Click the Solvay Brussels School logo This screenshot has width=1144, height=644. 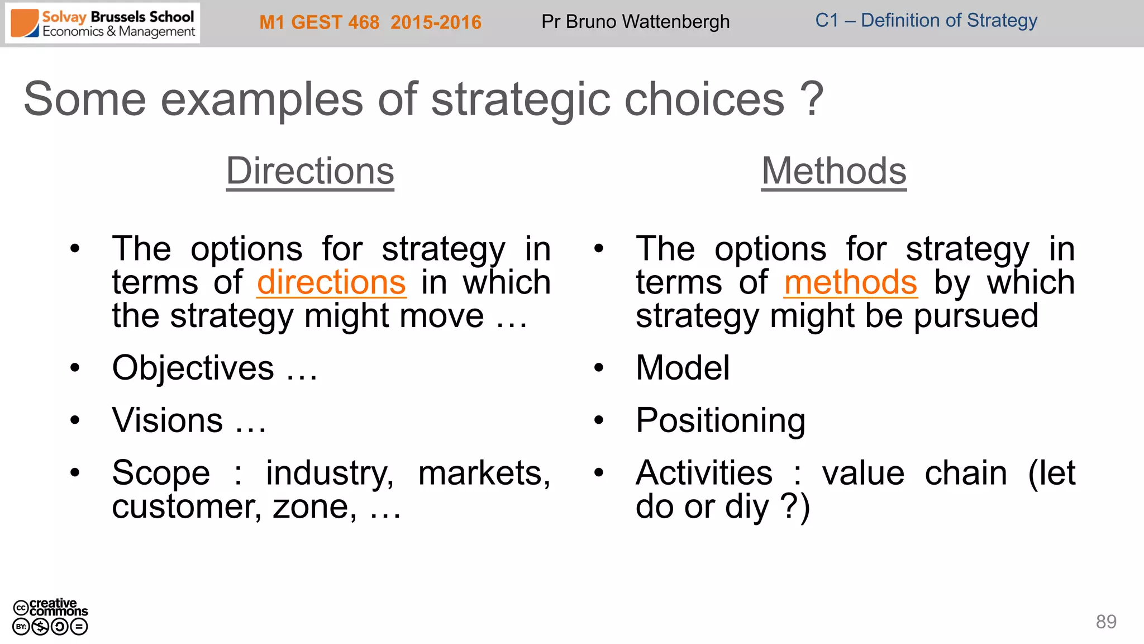(103, 23)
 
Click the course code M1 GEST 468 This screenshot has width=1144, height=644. (320, 22)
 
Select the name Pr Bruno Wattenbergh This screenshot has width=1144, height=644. (635, 22)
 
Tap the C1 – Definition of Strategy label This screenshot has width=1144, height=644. (926, 21)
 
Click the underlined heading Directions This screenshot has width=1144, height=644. (310, 171)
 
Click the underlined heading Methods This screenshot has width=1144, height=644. (833, 171)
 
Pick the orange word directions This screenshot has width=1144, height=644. (331, 282)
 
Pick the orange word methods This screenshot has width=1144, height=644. (850, 282)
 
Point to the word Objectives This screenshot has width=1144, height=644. (193, 368)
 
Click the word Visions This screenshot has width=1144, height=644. (167, 420)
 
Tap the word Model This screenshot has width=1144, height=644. (683, 368)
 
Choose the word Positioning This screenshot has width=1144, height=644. (721, 420)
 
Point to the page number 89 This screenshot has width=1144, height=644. (1105, 622)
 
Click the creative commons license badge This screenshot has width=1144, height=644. (50, 617)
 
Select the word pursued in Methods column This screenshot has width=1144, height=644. (976, 316)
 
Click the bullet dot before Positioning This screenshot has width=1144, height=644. (599, 420)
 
